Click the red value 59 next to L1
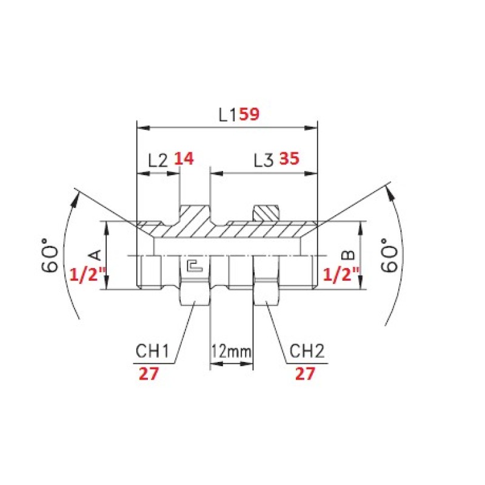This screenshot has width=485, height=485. [x=249, y=114]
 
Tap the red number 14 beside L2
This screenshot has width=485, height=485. [x=184, y=158]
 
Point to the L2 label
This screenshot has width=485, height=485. [x=158, y=160]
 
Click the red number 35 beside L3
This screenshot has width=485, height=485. [x=290, y=158]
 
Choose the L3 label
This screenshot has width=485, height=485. [x=264, y=160]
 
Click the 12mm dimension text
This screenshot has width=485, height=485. [x=232, y=352]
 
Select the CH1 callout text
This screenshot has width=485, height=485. [x=153, y=351]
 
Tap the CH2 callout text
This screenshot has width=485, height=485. [x=307, y=351]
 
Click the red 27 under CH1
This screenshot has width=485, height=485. [x=149, y=373]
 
